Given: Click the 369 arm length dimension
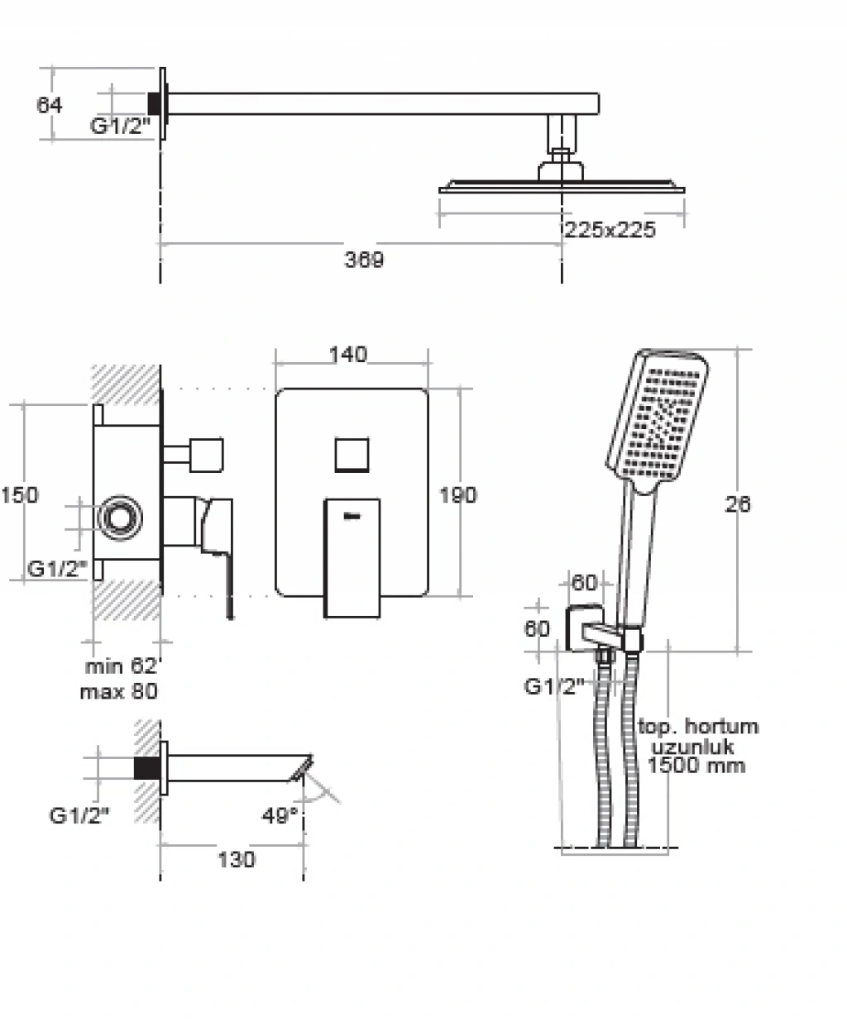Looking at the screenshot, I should coord(364,260).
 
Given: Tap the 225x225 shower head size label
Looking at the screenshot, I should coord(610,229).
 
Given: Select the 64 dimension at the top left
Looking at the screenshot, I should coord(50,105).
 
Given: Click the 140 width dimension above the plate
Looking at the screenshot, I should coord(347,355).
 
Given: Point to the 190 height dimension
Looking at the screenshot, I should coord(457,494).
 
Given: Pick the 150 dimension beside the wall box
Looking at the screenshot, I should coord(19,494).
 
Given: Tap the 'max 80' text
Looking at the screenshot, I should coord(118,690).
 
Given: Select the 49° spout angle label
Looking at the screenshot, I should coord(280,815).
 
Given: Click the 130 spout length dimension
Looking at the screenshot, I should coord(237,860).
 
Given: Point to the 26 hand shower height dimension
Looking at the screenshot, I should coord(737,504).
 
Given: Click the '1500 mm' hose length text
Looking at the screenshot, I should coord(696,765).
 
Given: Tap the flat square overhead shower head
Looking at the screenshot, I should coord(562,186).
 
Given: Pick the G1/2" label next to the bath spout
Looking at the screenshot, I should coord(79,815).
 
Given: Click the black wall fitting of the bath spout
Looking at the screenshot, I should coord(146,768).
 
